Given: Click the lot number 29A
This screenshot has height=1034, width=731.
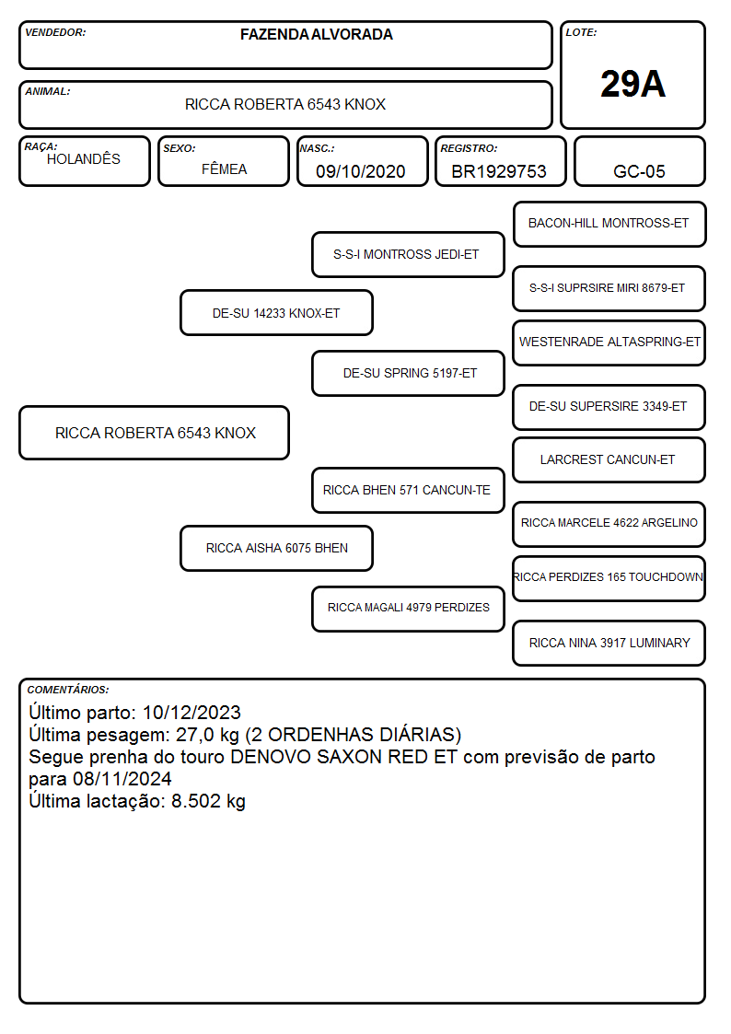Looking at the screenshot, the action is tap(632, 84).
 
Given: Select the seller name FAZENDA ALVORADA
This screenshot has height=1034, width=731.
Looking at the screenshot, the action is tap(317, 34).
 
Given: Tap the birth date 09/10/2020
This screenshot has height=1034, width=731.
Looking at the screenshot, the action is tap(361, 171).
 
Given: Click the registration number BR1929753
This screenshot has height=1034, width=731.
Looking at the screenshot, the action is tap(499, 171).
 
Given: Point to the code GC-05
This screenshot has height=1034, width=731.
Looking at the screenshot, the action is tap(639, 171).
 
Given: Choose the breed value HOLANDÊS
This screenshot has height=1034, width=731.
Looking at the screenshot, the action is tap(84, 159).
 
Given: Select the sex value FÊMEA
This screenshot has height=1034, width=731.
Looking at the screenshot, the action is tap(224, 169).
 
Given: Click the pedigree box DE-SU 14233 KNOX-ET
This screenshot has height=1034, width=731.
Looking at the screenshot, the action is tap(276, 313).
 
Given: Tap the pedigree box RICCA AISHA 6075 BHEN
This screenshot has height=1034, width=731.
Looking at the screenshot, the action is tap(276, 548).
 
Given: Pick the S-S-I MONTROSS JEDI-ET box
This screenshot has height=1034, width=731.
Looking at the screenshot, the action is tap(408, 254).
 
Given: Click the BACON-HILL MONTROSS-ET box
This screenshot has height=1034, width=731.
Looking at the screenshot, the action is tap(609, 225).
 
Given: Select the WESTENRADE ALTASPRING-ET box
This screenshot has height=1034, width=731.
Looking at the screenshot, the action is tap(609, 343).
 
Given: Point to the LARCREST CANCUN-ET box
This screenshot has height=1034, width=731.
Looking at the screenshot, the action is tap(609, 460).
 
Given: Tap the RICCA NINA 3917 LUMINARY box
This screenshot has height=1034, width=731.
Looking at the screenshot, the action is tap(609, 643).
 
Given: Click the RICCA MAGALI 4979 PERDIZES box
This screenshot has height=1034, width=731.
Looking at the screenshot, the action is tap(408, 609).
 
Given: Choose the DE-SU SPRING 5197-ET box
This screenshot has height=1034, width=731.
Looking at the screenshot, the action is tap(408, 373).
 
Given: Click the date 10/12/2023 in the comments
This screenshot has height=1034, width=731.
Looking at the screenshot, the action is tap(191, 712).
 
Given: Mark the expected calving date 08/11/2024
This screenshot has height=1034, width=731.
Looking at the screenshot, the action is tap(122, 779).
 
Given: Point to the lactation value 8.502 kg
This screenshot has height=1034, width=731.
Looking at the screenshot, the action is tap(208, 801).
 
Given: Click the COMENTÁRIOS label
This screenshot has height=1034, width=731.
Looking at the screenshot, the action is tap(68, 690).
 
